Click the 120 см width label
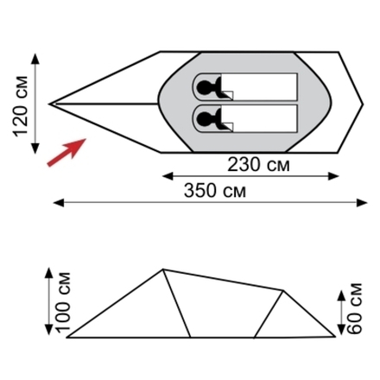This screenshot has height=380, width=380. click(20, 106)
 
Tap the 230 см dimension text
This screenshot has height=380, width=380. click(258, 165)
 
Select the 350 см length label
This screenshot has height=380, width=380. click(215, 191)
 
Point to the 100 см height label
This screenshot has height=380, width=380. click(63, 302)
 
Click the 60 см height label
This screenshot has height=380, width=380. click(354, 308)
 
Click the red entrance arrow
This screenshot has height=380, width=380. click(66, 152)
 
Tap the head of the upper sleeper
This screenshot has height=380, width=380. click(204, 86)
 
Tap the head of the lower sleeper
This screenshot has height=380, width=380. click(204, 117)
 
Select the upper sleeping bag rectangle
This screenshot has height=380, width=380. click(245, 86)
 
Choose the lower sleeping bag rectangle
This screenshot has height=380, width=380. click(245, 118)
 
